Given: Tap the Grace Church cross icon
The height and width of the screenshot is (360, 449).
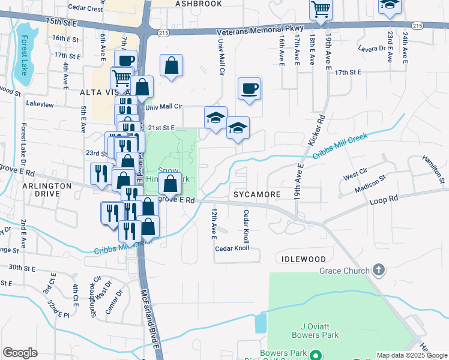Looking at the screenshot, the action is point(378,270).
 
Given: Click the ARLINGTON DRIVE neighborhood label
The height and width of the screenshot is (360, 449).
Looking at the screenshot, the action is point(47,190).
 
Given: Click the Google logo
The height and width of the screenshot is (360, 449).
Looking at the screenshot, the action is point(20,353).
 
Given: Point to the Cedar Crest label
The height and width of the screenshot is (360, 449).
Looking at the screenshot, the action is point(86,9).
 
